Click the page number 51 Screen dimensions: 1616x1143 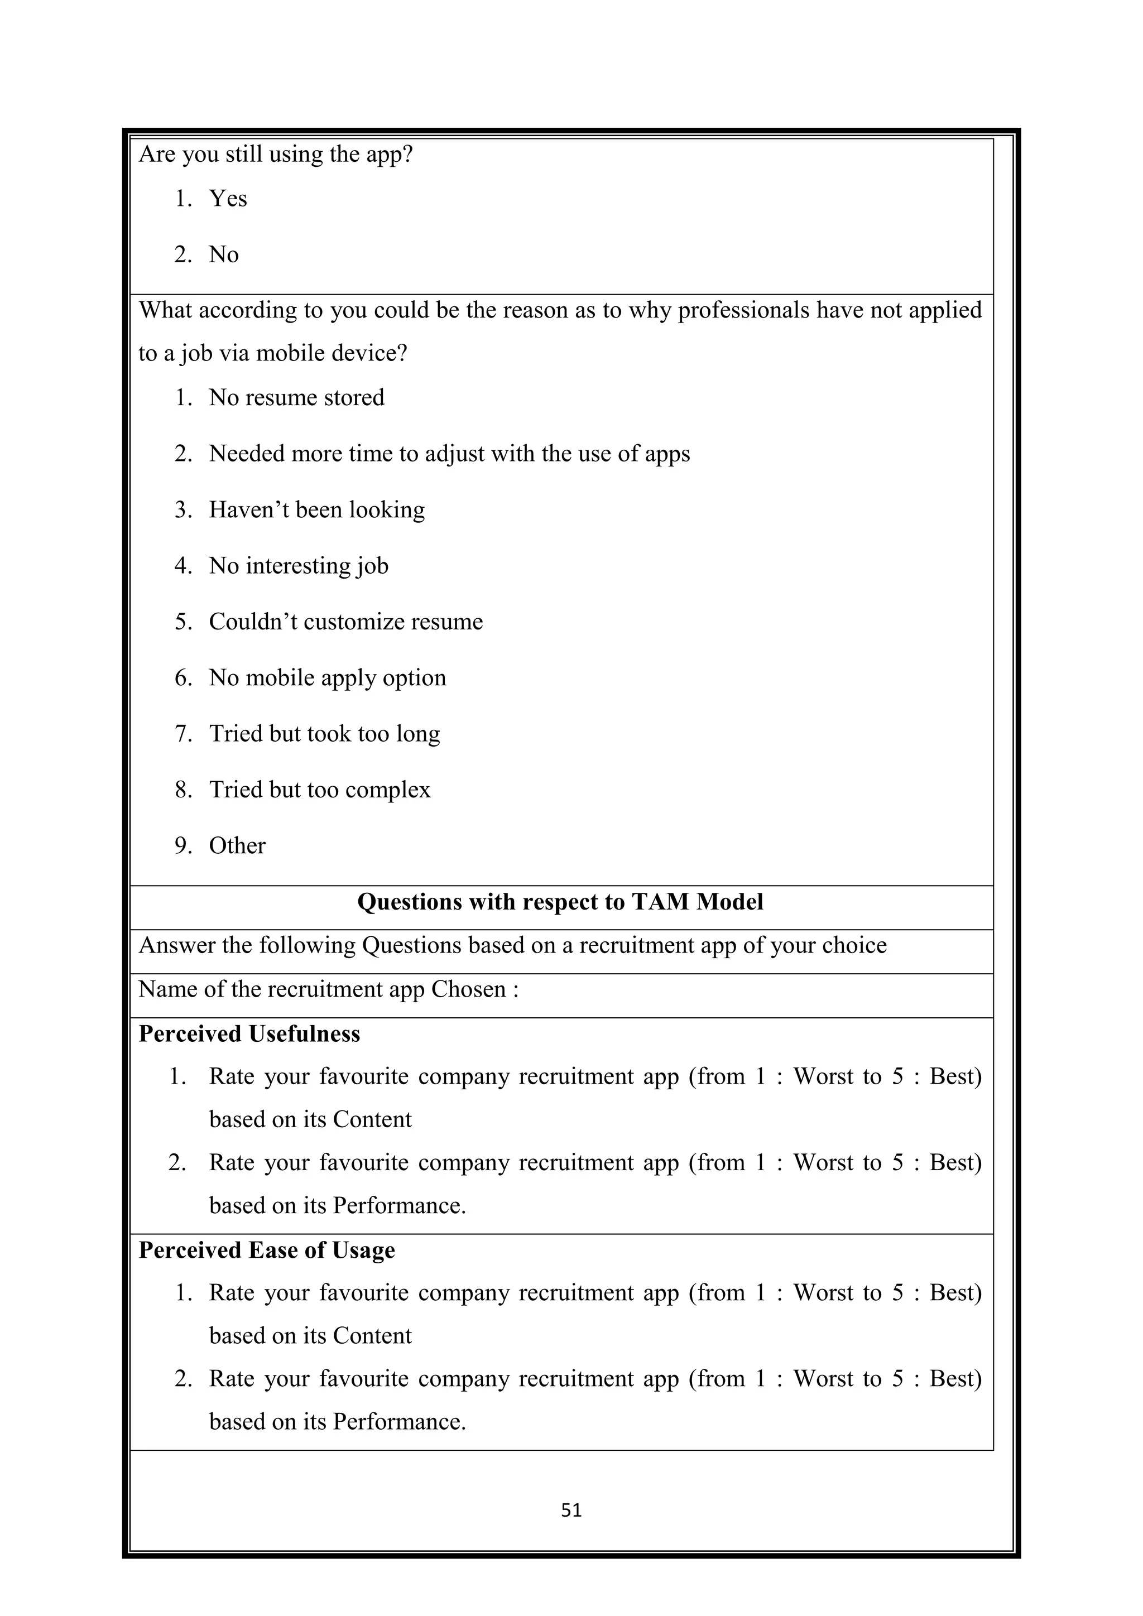pyautogui.click(x=571, y=1510)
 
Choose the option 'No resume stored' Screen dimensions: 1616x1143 pyautogui.click(x=296, y=398)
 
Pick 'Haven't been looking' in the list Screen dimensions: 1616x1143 pyautogui.click(x=316, y=509)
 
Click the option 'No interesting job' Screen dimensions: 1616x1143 pyautogui.click(x=299, y=566)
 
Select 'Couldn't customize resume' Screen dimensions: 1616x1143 pyautogui.click(x=345, y=622)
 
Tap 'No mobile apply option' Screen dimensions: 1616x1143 pyautogui.click(x=327, y=678)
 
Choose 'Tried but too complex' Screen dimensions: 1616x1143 pyautogui.click(x=320, y=790)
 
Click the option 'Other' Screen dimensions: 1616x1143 pyautogui.click(x=237, y=845)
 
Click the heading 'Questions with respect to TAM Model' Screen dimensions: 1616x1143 pyautogui.click(x=560, y=902)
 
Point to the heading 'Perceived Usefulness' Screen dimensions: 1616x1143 pyautogui.click(x=249, y=1034)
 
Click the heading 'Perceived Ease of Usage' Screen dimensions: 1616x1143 pyautogui.click(x=267, y=1250)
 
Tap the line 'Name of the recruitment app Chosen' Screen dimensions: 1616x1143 pyautogui.click(x=328, y=989)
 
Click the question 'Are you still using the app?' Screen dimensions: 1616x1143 pyautogui.click(x=275, y=154)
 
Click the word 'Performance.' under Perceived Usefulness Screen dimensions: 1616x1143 pyautogui.click(x=399, y=1206)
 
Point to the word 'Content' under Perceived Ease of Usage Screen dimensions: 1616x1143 pyautogui.click(x=372, y=1335)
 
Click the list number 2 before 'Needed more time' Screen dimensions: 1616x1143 pyautogui.click(x=183, y=454)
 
